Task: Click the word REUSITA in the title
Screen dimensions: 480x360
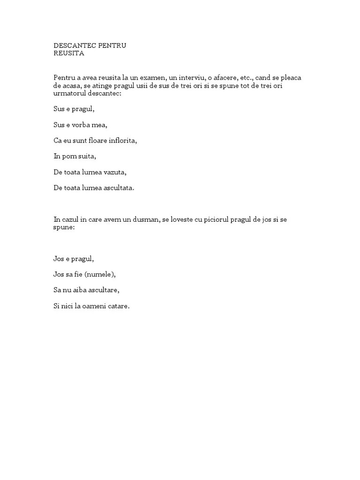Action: (x=69, y=53)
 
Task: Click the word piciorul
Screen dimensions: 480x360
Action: (x=213, y=219)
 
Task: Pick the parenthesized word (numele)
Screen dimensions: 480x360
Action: (x=100, y=274)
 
